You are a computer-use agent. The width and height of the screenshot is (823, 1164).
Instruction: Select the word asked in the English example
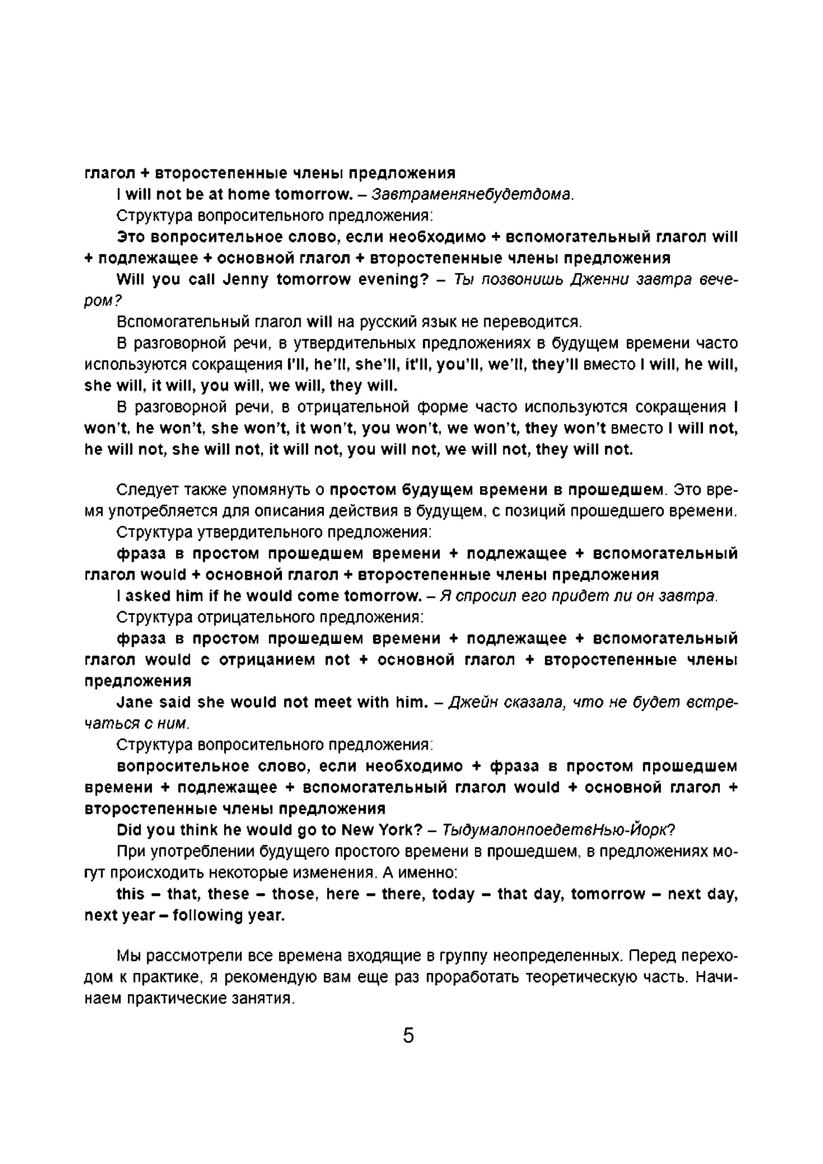tap(148, 596)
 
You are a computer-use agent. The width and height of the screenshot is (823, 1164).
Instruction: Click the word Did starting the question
tap(129, 830)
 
